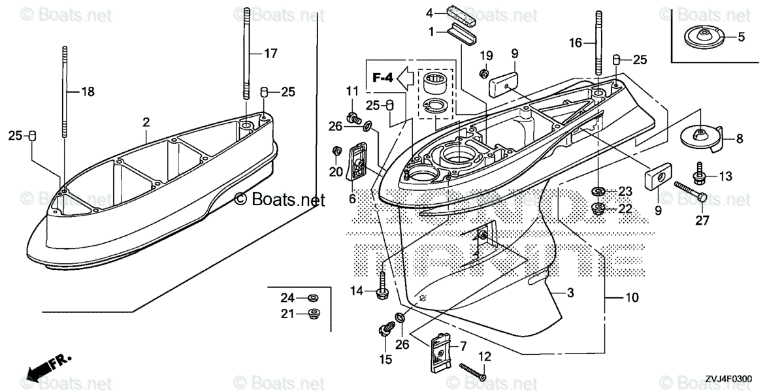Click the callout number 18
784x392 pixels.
tap(88, 92)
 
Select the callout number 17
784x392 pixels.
tap(270, 55)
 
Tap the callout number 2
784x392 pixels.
tap(146, 122)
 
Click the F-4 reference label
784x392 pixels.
tap(383, 78)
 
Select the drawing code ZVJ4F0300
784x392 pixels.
tap(728, 378)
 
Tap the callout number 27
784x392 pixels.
tap(702, 220)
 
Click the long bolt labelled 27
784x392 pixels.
tap(688, 191)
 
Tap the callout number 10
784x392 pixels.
tap(631, 298)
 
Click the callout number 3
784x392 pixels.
tap(570, 293)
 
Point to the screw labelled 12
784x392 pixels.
tap(475, 372)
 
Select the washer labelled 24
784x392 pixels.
tap(313, 298)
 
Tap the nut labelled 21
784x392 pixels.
tap(313, 314)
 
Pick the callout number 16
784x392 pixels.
tap(575, 43)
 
